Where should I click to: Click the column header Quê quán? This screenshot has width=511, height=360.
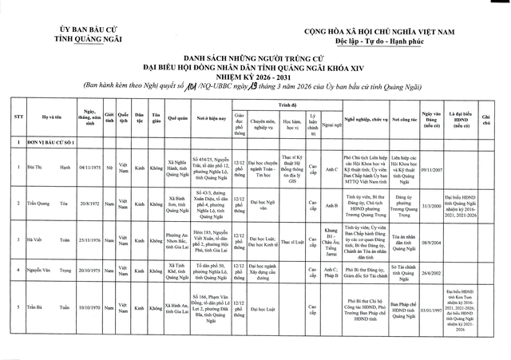(x=178, y=121)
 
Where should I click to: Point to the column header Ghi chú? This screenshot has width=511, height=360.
(x=485, y=121)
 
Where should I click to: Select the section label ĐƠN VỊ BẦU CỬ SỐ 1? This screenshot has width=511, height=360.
(x=50, y=142)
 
